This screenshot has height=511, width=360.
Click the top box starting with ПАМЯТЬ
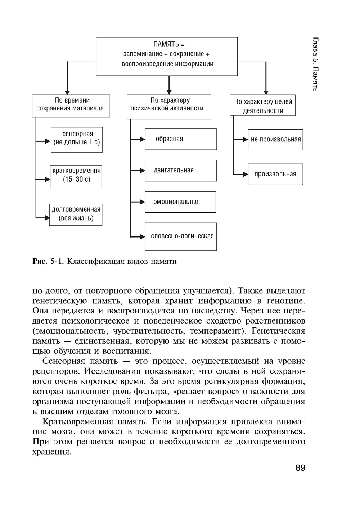[x=167, y=56]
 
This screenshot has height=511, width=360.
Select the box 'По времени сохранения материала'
[x=71, y=106]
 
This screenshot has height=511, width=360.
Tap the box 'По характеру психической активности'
[x=169, y=107]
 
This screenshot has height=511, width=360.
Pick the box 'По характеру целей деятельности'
[x=262, y=105]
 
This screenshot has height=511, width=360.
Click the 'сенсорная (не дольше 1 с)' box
[x=77, y=139]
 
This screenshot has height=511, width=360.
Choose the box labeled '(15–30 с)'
[x=76, y=177]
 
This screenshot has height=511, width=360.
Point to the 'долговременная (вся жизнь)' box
[x=76, y=215]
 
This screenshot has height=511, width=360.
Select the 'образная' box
[x=181, y=139]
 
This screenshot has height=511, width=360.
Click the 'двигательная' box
[x=180, y=171]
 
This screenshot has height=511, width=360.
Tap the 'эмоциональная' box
[x=180, y=202]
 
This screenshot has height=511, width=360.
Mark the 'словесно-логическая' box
[x=181, y=236]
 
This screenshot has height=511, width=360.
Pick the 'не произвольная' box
[x=275, y=140]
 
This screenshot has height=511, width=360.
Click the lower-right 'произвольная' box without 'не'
[x=275, y=175]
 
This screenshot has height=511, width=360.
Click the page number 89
[x=300, y=468]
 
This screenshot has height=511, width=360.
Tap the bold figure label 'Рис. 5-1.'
[x=48, y=262]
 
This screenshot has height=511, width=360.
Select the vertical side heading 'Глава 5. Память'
[x=315, y=64]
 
